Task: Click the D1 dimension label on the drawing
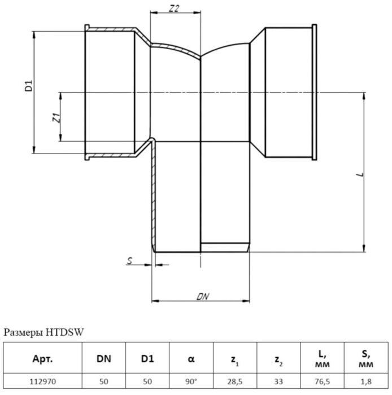(29, 87)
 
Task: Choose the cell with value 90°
(191, 381)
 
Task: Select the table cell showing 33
(278, 381)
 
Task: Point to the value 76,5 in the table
(323, 381)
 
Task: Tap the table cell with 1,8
(366, 381)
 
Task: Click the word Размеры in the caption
(22, 332)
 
